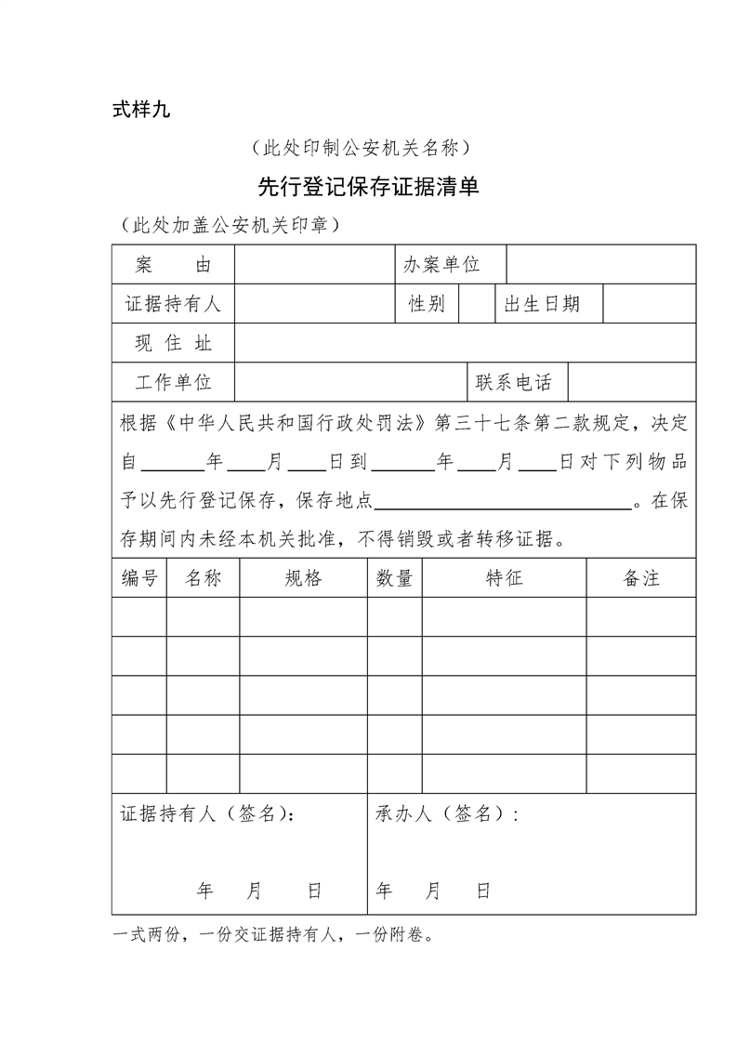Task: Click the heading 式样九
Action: tap(141, 110)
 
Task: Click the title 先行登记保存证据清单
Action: tap(368, 188)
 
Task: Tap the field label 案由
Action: tap(173, 265)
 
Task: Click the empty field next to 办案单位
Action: tap(600, 265)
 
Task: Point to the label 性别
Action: tap(427, 304)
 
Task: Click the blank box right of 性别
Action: tap(476, 304)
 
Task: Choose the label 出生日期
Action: tap(542, 304)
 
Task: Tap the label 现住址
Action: tap(173, 343)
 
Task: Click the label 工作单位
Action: tap(173, 382)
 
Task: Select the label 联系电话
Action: tap(514, 382)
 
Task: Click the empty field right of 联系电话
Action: tap(631, 382)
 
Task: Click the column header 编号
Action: tap(139, 578)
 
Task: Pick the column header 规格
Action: tap(303, 578)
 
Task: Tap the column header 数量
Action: tap(394, 578)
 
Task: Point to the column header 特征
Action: tap(504, 578)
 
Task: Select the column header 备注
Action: tap(640, 578)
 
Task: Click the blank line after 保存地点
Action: tap(502, 502)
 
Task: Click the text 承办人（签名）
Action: tap(446, 814)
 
